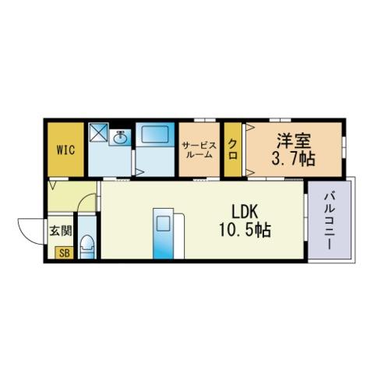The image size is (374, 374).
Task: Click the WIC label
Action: point(65,150)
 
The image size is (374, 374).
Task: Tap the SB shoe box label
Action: point(65,252)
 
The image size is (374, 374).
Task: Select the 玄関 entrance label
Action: point(61,231)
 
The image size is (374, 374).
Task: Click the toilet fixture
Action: point(86,247)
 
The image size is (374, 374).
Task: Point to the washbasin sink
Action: point(120,137)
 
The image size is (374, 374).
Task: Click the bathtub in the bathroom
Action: point(155,134)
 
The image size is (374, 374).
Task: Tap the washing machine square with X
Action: point(98,132)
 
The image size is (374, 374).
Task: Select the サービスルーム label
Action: point(199,150)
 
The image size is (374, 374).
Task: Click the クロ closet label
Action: point(233,150)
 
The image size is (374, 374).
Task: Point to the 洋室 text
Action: point(294,140)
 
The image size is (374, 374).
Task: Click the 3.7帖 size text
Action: point(294,158)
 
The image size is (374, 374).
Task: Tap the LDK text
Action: point(245,212)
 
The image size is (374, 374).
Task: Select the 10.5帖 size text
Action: point(245,230)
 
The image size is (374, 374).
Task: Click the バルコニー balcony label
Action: point(329,221)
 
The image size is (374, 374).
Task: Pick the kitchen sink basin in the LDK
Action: point(163,224)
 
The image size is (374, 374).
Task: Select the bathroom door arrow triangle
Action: point(139,171)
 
